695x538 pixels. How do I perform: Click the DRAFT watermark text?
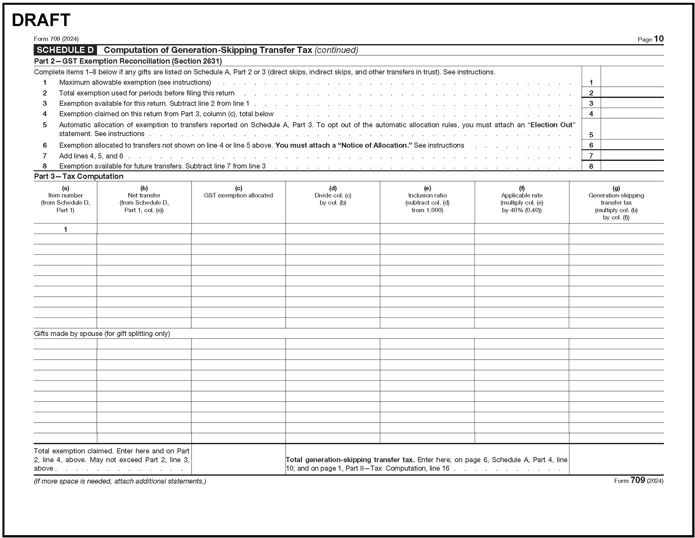tap(41, 20)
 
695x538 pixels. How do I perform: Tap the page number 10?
tap(658, 39)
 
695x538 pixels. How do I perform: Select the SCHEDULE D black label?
tap(65, 50)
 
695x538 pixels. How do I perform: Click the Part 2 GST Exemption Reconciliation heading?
tap(128, 61)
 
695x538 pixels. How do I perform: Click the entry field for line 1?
tap(632, 82)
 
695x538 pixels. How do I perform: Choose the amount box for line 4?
tap(632, 113)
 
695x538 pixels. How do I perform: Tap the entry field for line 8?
tap(632, 166)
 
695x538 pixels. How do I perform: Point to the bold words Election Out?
tap(551, 125)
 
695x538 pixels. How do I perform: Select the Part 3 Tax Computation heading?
tap(79, 176)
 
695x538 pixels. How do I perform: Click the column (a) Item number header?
tap(65, 199)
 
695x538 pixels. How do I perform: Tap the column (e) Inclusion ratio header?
tap(427, 199)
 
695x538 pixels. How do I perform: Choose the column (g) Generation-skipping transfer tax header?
tap(616, 203)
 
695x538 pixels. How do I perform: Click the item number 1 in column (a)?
tap(65, 229)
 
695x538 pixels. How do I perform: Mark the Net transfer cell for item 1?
tap(144, 229)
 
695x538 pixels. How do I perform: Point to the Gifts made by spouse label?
tap(102, 333)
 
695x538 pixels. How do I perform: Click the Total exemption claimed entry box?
tap(238, 459)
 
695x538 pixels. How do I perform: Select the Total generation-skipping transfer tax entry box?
tap(616, 459)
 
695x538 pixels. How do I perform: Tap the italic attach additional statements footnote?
tap(120, 481)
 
